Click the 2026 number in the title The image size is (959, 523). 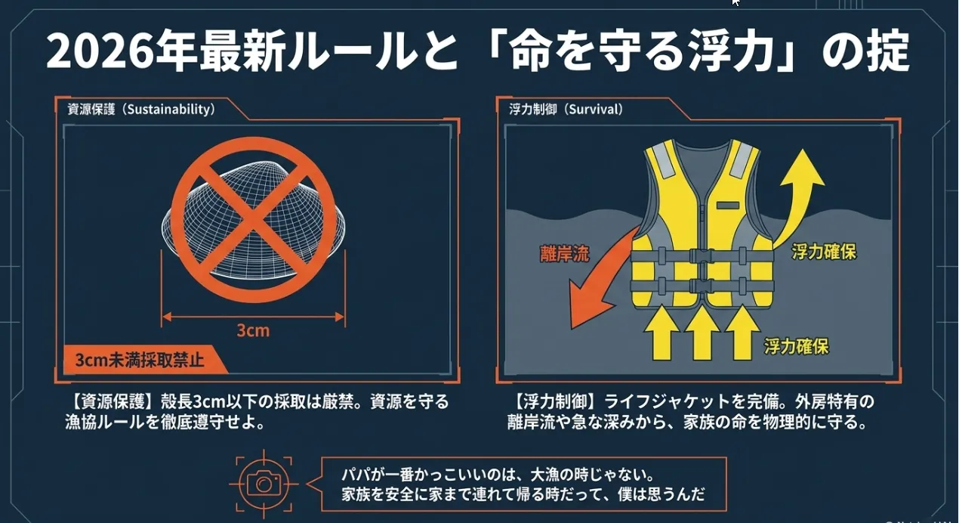point(100,51)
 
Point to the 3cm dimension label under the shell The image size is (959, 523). point(253,331)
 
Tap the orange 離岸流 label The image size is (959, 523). point(564,254)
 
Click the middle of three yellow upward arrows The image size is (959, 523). point(702,332)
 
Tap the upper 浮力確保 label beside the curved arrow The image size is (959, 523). point(824,252)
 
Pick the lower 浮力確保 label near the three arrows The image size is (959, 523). point(797,346)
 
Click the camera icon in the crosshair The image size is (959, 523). point(264,484)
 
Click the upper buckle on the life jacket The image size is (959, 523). point(702,256)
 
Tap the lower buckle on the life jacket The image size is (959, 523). point(702,285)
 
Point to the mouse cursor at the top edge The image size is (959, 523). point(735,2)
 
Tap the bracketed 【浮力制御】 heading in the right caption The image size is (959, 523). point(554,401)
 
